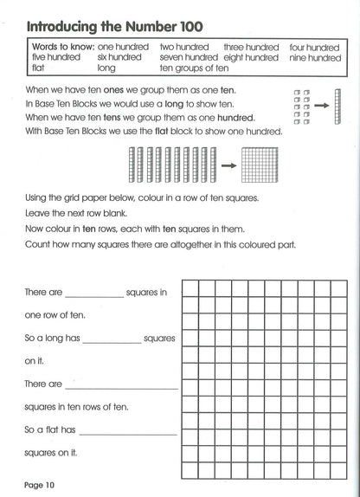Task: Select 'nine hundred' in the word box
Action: point(312,58)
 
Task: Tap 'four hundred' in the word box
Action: point(312,46)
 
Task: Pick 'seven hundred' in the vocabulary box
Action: point(189,58)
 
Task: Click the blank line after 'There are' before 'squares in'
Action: point(93,297)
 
